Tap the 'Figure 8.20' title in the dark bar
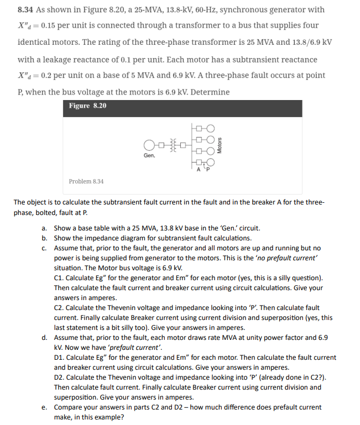(88, 106)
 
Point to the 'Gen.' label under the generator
(149, 156)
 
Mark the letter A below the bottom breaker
(199, 170)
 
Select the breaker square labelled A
(199, 162)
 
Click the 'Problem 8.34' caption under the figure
(86, 181)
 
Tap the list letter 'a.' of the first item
(44, 228)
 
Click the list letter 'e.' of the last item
(44, 407)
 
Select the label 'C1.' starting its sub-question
(60, 277)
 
